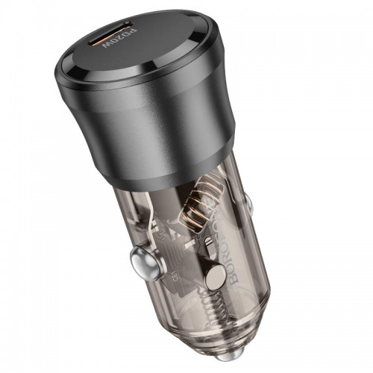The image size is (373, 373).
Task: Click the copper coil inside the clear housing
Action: coord(203,204)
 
